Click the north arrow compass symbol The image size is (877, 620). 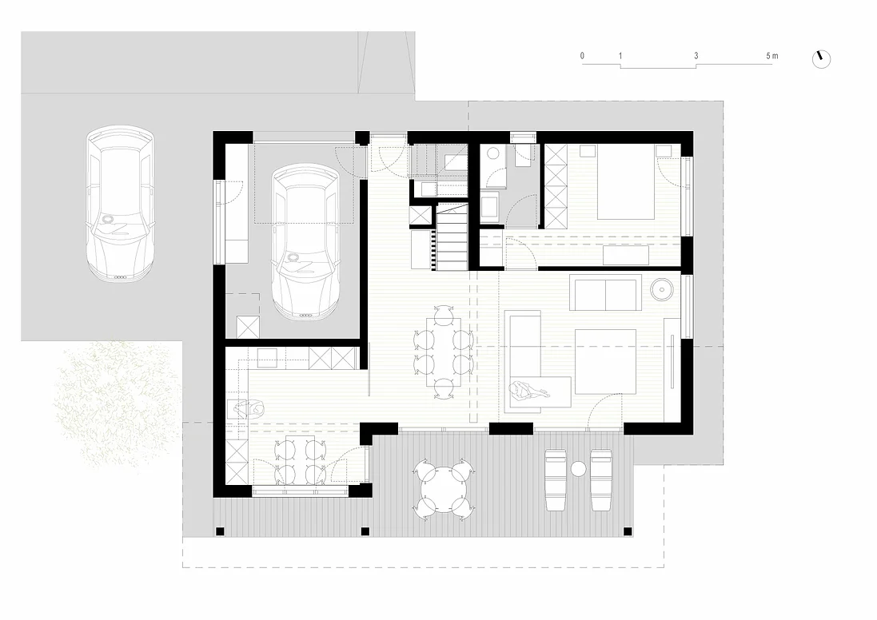point(821,58)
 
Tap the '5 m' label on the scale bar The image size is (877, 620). point(771,56)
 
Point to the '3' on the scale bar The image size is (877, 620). point(696,56)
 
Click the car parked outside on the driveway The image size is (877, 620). point(120,204)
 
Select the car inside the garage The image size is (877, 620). point(305,242)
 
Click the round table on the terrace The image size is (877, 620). point(444,489)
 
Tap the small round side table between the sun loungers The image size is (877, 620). point(578,468)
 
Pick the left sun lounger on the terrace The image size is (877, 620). point(556,479)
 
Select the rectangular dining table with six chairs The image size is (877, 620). point(444,352)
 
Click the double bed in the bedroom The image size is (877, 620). point(627,181)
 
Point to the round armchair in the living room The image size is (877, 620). point(663,289)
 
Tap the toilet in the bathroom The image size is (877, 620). point(493,153)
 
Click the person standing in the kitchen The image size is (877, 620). point(249,409)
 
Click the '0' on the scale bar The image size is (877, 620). point(582,56)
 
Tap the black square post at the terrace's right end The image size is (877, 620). point(628,531)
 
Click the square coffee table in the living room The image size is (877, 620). point(606,361)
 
